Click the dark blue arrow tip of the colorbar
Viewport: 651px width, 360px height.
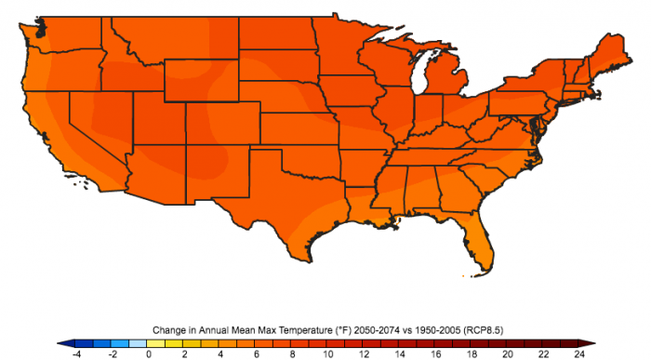[60, 342]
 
